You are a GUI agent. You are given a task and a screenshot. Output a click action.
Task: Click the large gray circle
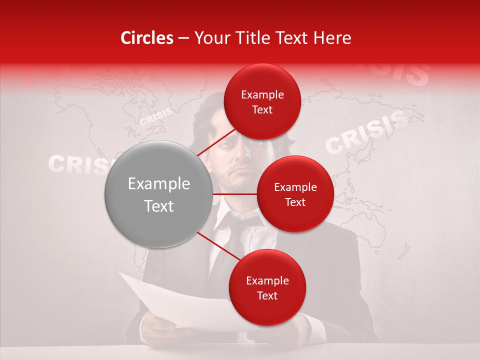coord(158,194)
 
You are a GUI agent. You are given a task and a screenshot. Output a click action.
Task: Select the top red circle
coord(262,102)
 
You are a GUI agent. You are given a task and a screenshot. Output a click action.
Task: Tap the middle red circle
coord(295,194)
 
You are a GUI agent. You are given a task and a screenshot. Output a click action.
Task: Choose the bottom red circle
coord(267,287)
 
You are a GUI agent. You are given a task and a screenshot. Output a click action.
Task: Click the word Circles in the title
coord(146,38)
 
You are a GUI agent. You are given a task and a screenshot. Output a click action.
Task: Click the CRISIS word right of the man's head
coord(365,132)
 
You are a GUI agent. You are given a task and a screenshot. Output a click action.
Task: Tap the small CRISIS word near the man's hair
coord(155,116)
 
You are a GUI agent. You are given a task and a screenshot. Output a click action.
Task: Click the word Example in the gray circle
coord(158,184)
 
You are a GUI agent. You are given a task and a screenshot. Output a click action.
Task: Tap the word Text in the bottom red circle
coord(267,295)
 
